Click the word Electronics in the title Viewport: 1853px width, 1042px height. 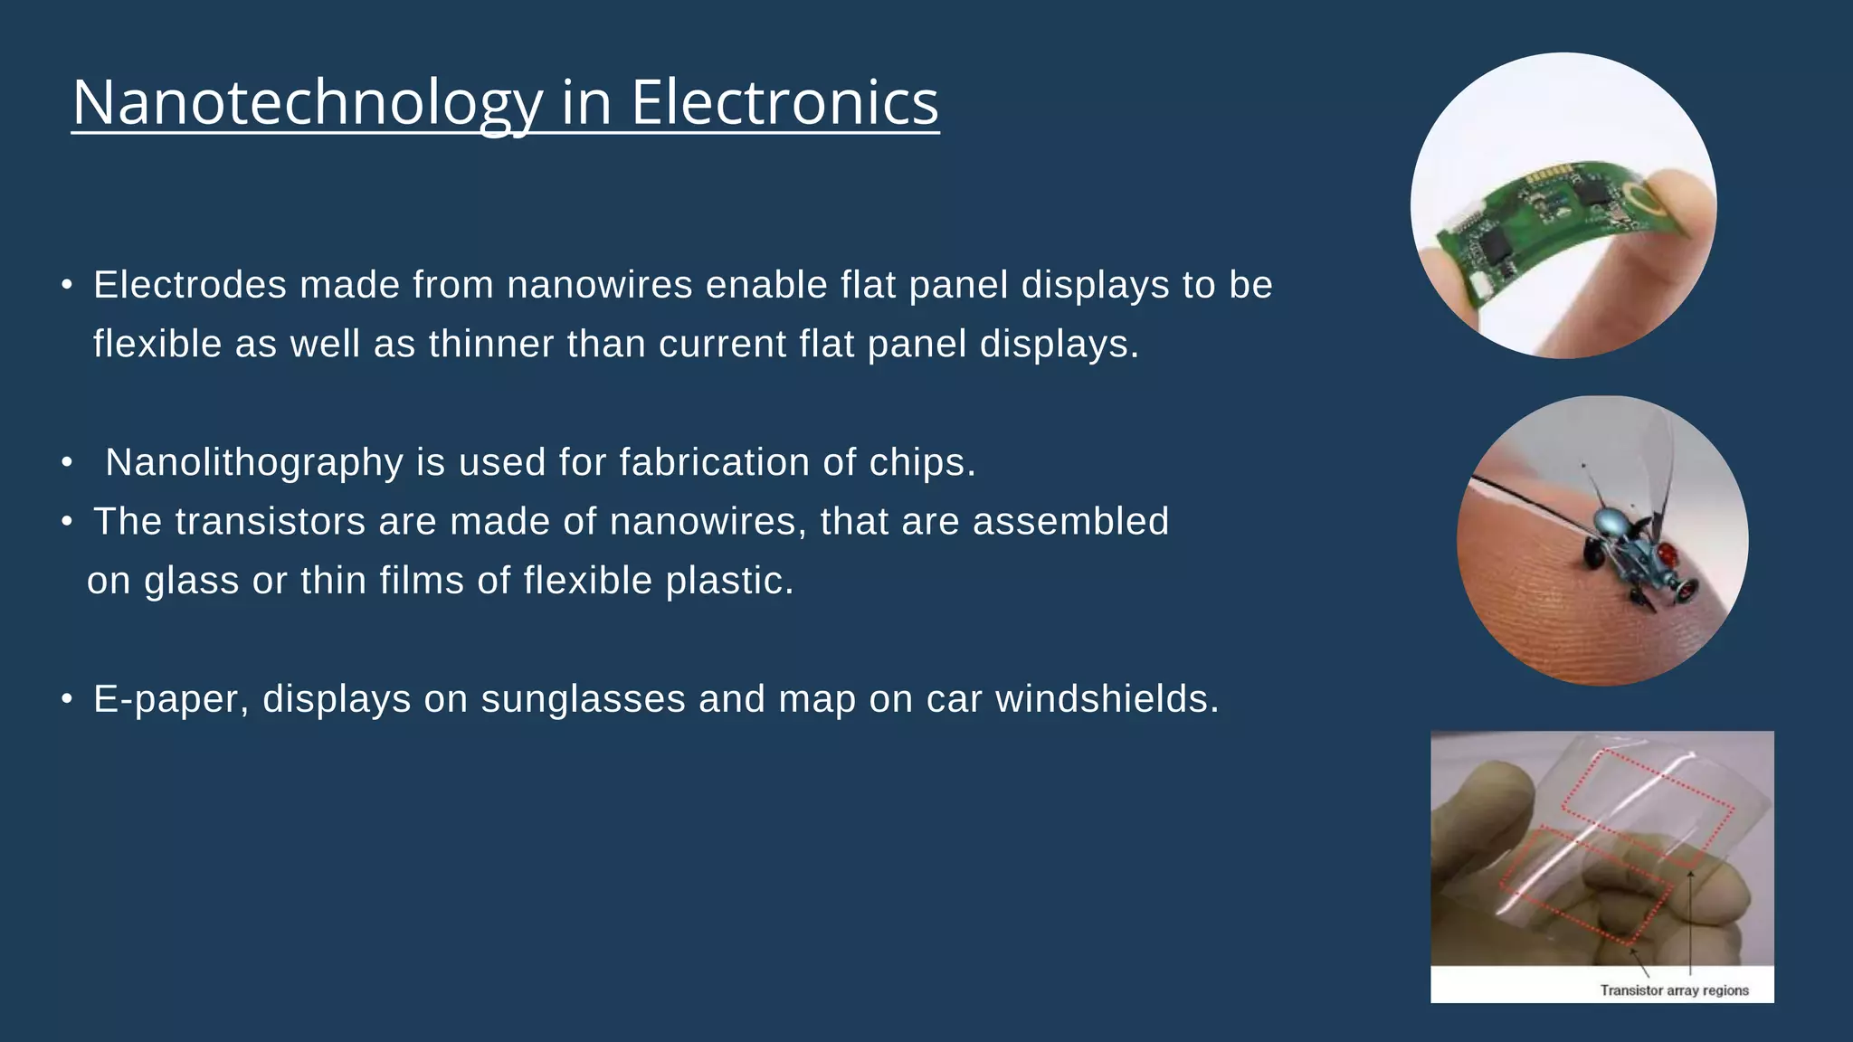tap(784, 102)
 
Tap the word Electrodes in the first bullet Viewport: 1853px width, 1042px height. tap(190, 285)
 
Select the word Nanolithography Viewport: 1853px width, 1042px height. tap(253, 462)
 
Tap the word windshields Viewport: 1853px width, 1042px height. tap(1107, 699)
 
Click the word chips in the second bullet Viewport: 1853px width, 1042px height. tap(922, 462)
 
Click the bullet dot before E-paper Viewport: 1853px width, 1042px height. tap(66, 699)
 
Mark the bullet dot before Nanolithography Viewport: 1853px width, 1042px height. tap(66, 462)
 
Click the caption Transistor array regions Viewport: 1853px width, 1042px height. tap(1674, 990)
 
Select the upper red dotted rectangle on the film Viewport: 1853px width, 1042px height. tap(1647, 800)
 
